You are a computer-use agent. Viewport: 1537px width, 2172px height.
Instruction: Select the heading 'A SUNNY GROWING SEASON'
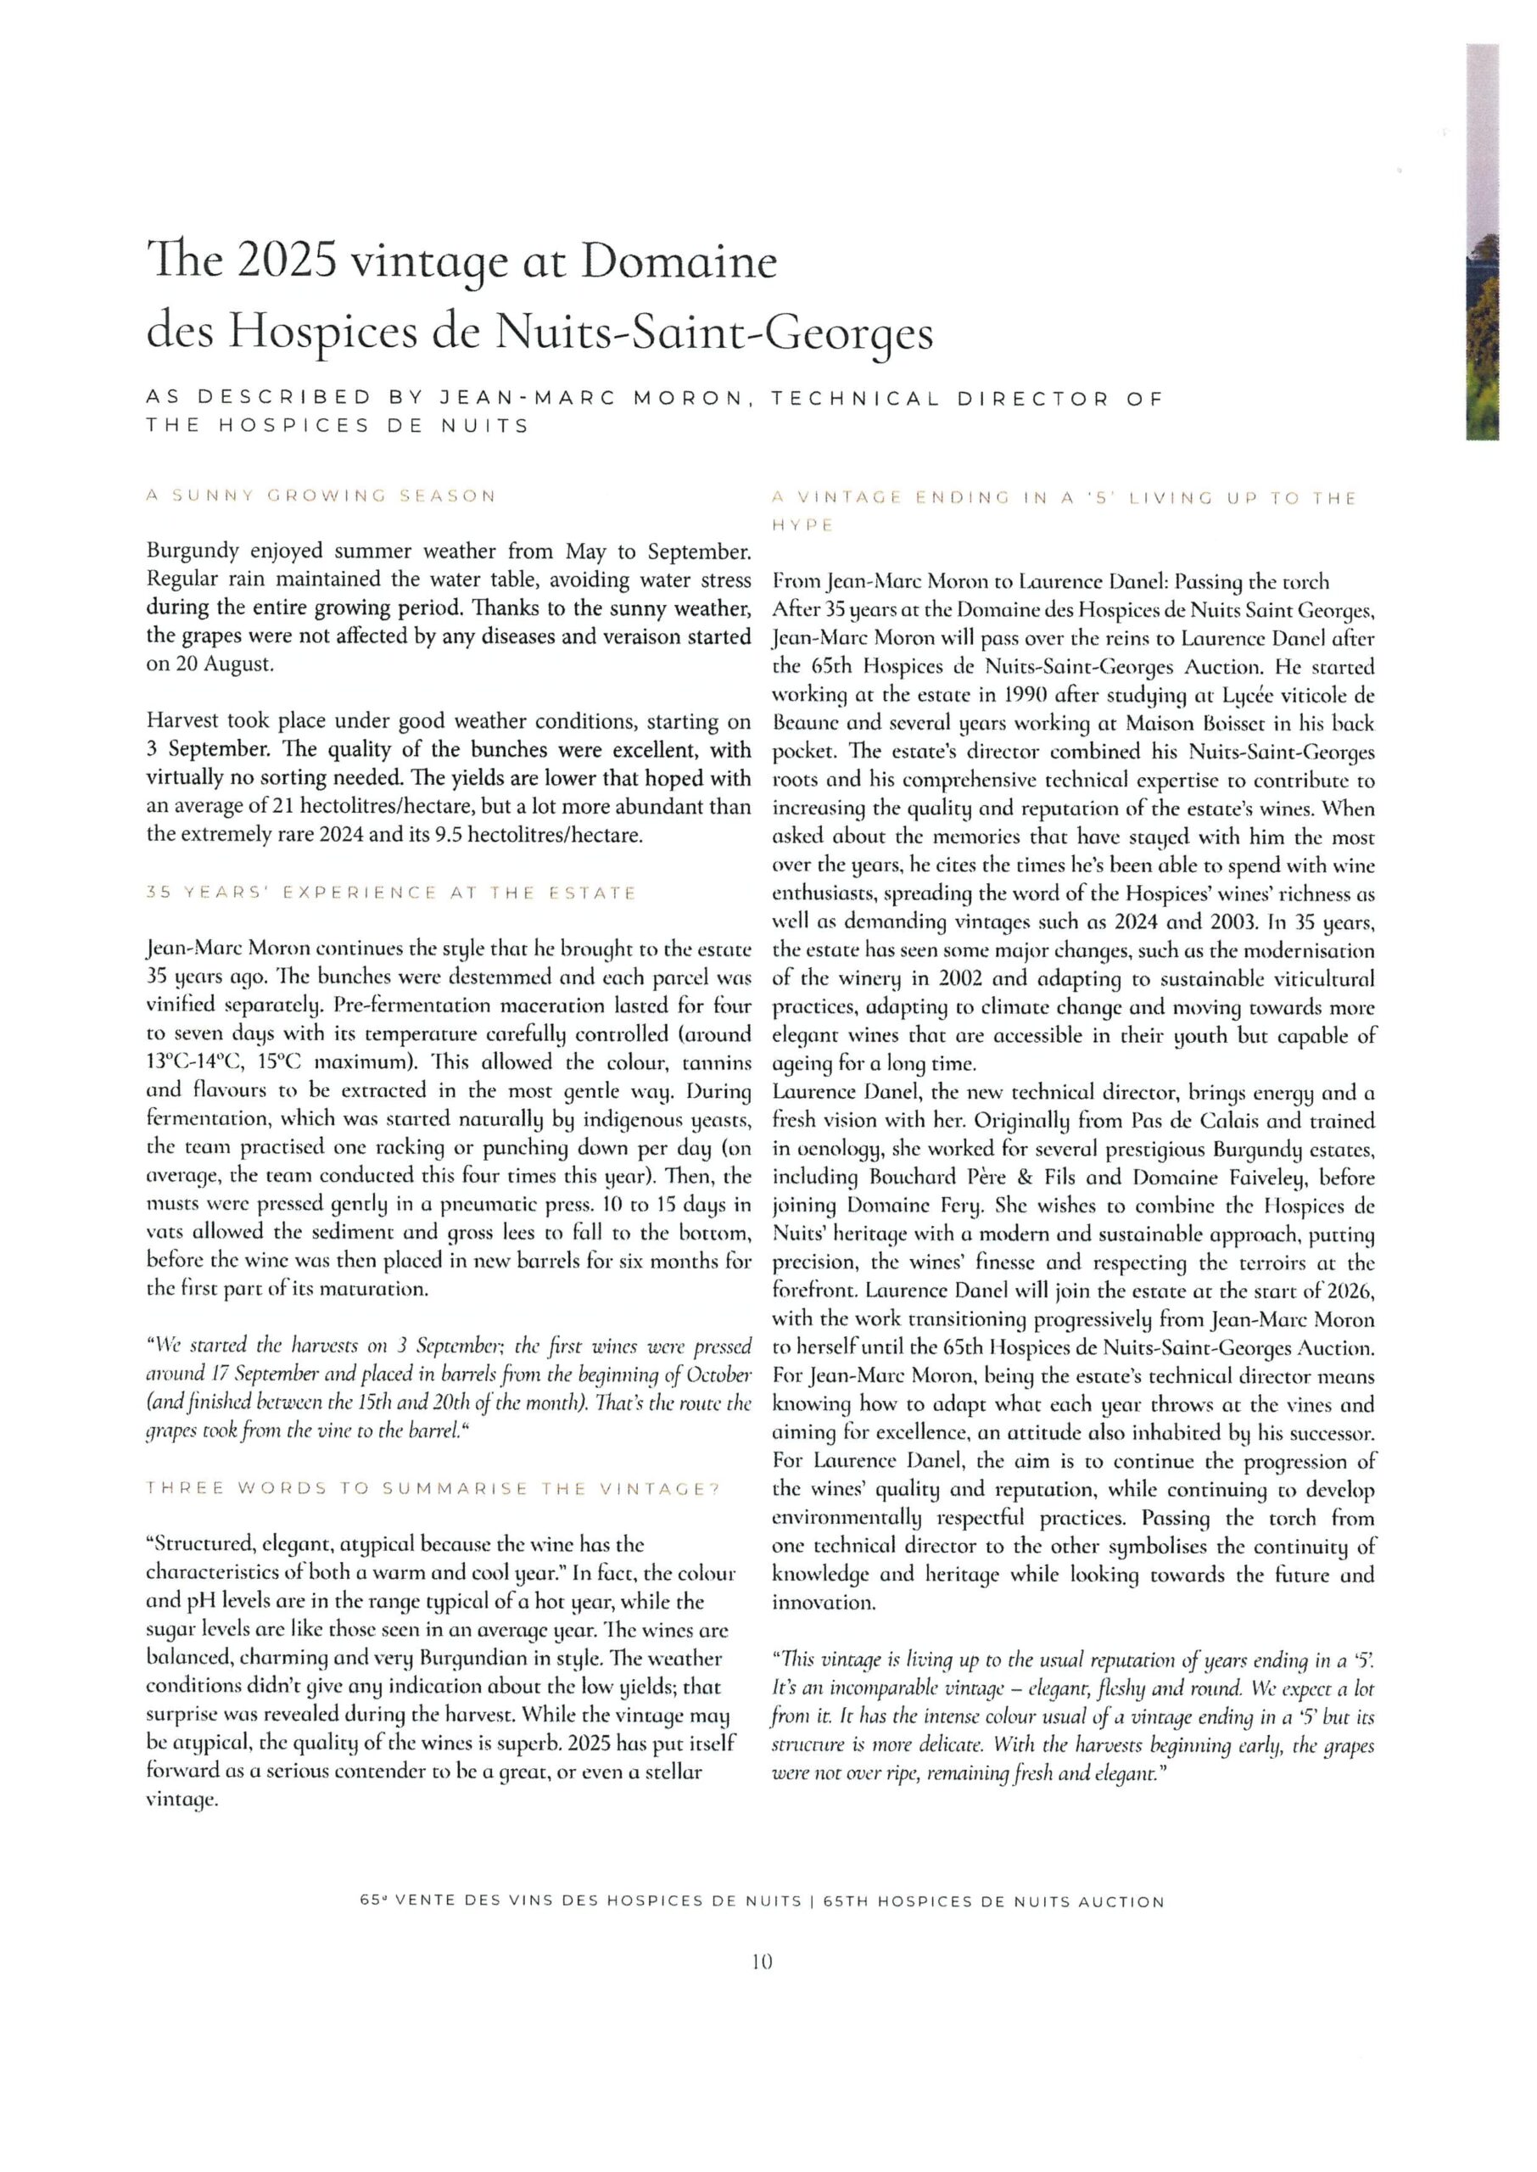click(321, 496)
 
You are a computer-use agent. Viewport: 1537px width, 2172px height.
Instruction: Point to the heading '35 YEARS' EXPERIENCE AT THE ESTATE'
click(391, 893)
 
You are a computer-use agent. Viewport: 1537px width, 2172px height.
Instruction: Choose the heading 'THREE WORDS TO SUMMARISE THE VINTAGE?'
click(433, 1489)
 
